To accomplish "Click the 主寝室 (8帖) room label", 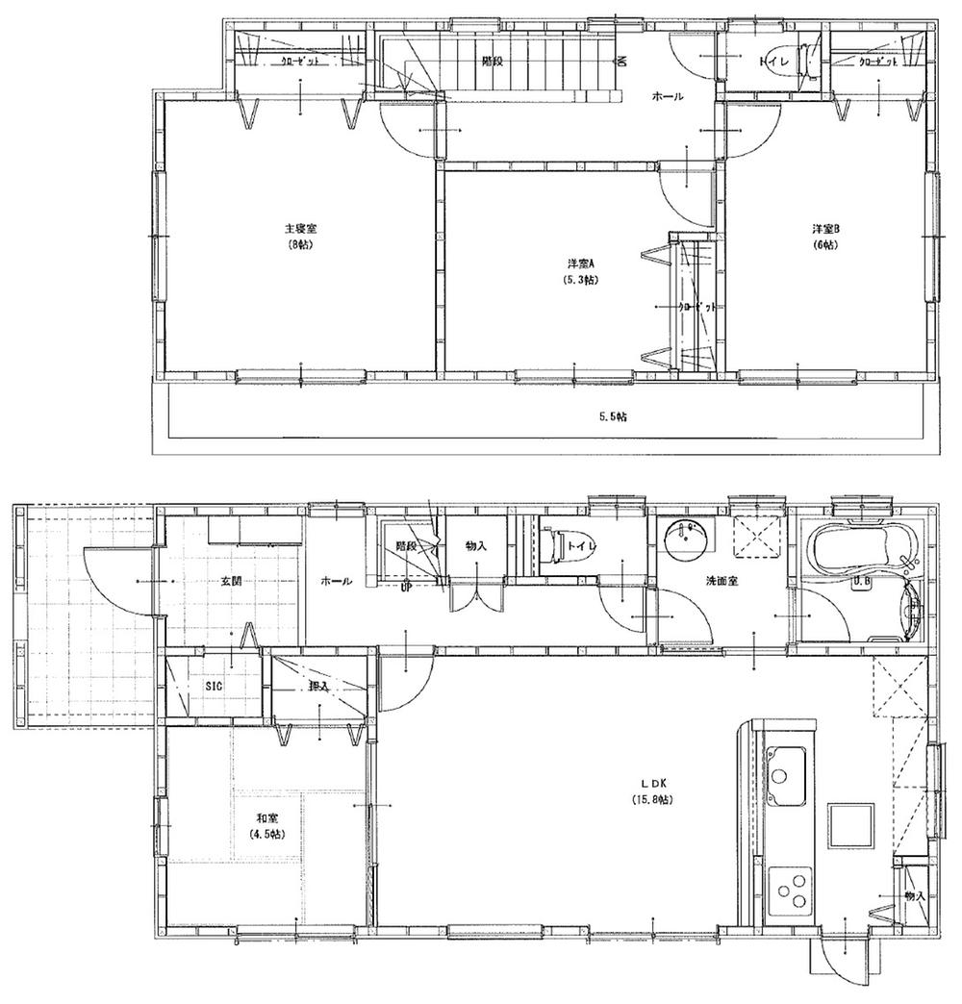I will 301,237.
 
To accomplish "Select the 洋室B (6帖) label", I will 825,237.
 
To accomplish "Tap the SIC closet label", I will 213,686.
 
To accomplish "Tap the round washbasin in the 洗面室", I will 684,540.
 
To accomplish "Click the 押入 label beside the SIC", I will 318,686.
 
